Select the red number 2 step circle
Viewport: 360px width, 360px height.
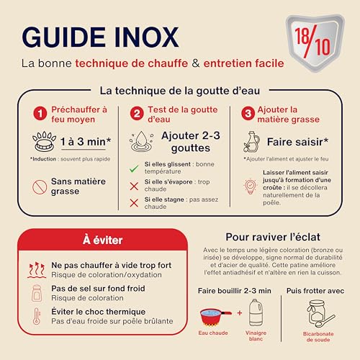[x=136, y=114]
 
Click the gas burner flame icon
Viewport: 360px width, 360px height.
[x=40, y=141]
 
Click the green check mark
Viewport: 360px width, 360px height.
[x=133, y=168]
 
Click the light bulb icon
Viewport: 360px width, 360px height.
[x=251, y=187]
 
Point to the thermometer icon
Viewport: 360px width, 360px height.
[x=37, y=316]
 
